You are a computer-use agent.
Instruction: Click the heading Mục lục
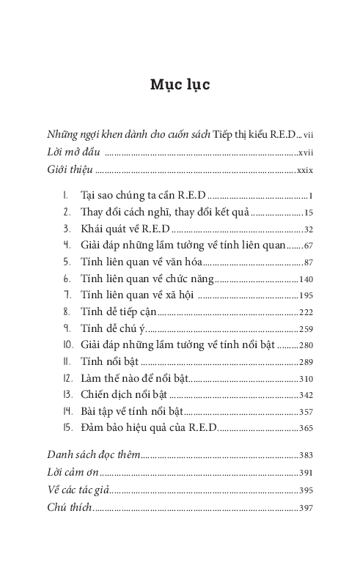(180, 85)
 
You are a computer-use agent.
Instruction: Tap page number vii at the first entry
(309, 136)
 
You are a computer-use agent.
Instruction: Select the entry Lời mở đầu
(73, 153)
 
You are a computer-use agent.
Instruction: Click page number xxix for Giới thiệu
(305, 171)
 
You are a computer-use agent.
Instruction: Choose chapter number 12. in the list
(67, 380)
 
